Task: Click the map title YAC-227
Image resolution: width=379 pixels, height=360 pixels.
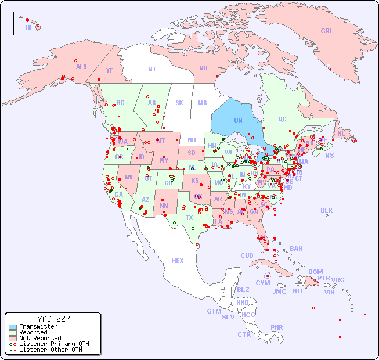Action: point(53,319)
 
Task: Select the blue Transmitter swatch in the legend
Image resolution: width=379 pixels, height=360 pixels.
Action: point(12,327)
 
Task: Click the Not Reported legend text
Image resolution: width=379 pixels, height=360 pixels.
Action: point(39,338)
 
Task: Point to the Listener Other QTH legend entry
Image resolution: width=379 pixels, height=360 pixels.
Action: point(50,350)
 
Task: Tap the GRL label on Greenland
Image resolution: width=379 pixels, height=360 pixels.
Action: point(327,31)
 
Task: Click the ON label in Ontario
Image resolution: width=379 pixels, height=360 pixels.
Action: point(238,120)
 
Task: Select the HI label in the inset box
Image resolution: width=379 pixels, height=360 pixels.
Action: point(28,27)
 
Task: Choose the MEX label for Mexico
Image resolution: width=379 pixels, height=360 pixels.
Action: point(178,261)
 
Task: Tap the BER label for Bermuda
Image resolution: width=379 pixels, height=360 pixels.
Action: point(326,210)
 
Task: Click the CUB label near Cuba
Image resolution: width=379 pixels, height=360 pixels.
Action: point(247,255)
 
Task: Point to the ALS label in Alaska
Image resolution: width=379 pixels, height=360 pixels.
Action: point(81,67)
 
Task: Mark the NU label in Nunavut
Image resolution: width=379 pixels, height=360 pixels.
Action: point(203,68)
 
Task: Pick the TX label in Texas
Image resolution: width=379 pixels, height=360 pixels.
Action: point(189,218)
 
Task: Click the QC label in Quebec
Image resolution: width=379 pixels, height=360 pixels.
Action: point(282,119)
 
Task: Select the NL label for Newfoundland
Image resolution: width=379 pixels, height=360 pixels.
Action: point(341,133)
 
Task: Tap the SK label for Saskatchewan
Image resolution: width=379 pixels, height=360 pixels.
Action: point(179,103)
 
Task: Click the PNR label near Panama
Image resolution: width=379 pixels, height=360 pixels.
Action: point(277,327)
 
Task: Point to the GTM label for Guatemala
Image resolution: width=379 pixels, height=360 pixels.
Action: point(214,311)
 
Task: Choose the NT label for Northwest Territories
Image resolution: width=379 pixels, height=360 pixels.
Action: point(151,69)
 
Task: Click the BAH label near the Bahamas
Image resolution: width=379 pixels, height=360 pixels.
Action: point(296,249)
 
